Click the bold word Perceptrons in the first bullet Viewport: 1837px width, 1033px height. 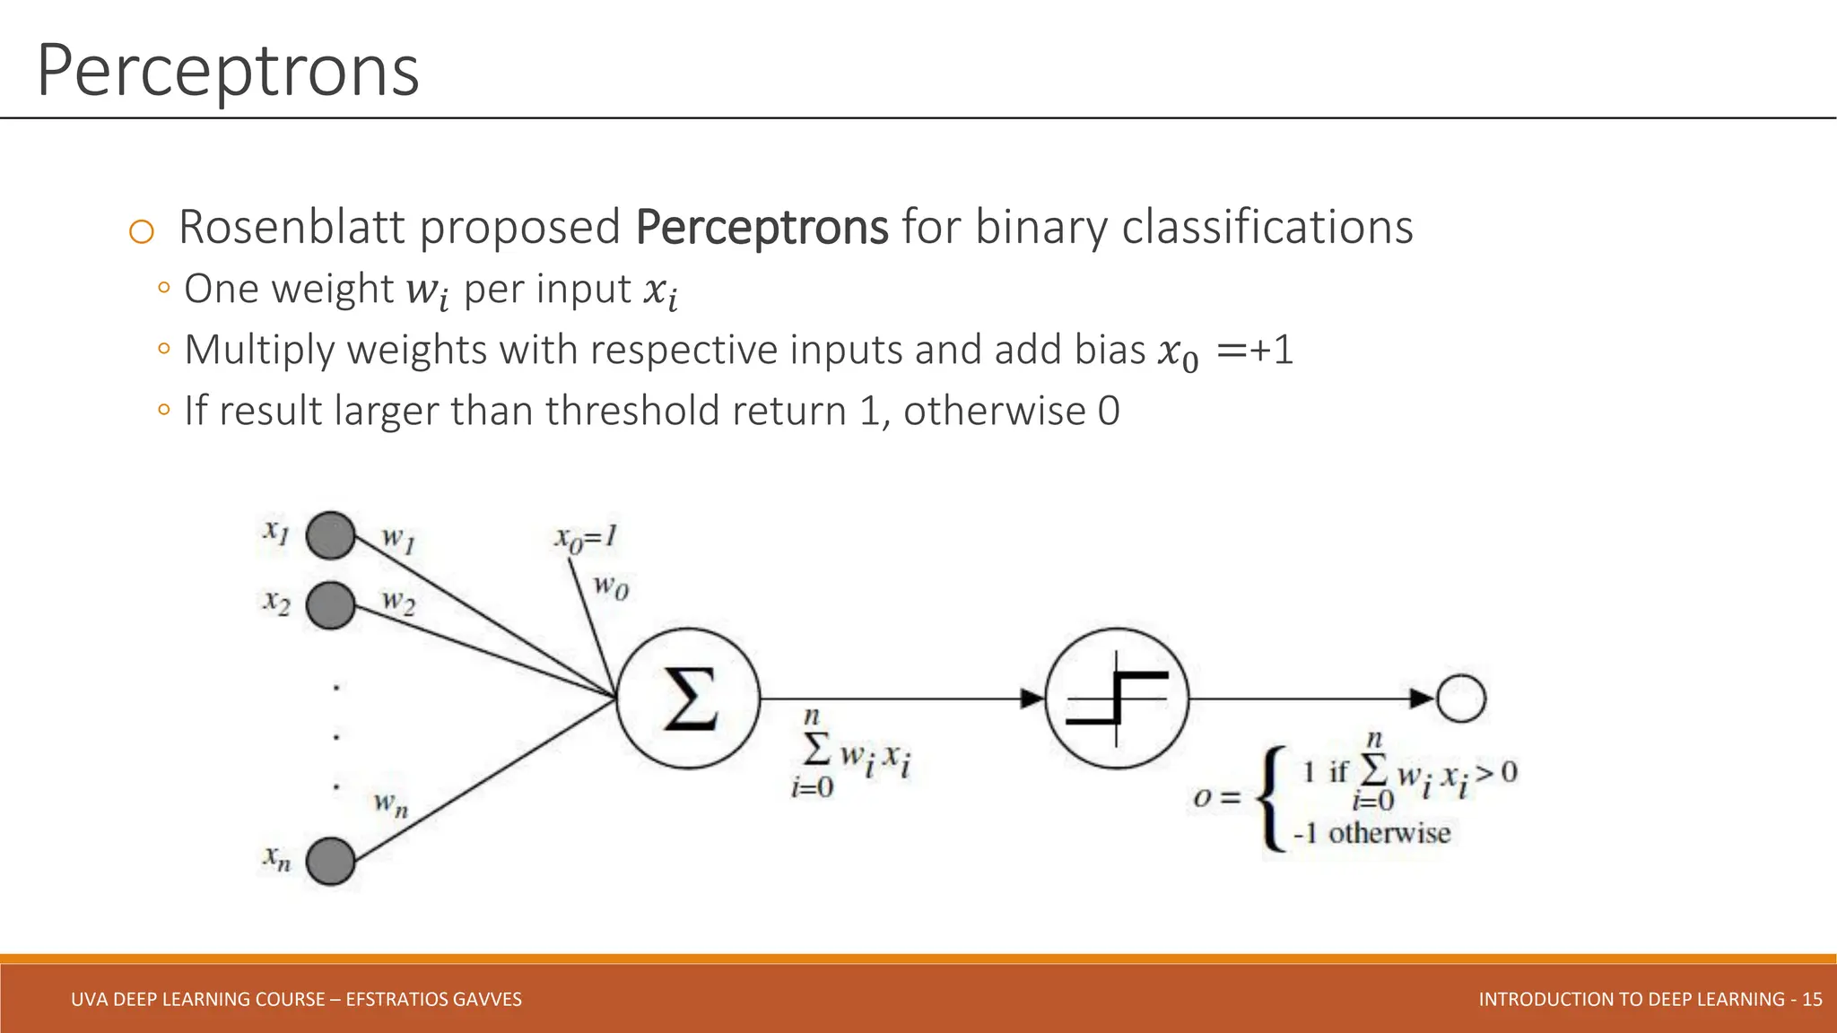(x=762, y=227)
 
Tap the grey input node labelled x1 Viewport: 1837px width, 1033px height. (x=331, y=536)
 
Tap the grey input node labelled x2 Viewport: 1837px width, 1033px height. (x=331, y=605)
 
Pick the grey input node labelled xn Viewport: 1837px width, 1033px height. (x=331, y=861)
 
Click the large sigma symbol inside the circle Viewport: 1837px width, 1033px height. (x=689, y=699)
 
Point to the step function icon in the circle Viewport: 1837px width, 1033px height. (x=1117, y=699)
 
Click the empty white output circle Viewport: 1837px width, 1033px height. (x=1461, y=699)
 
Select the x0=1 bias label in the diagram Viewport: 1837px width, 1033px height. (x=585, y=538)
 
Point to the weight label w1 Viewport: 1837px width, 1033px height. (x=398, y=539)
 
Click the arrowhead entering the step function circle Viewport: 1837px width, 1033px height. (x=1033, y=699)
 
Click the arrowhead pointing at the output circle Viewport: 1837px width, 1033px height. (x=1422, y=699)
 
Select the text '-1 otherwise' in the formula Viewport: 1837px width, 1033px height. (x=1371, y=833)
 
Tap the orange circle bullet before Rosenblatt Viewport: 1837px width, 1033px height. (x=142, y=231)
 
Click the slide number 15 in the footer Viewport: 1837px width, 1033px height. (x=1811, y=999)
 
